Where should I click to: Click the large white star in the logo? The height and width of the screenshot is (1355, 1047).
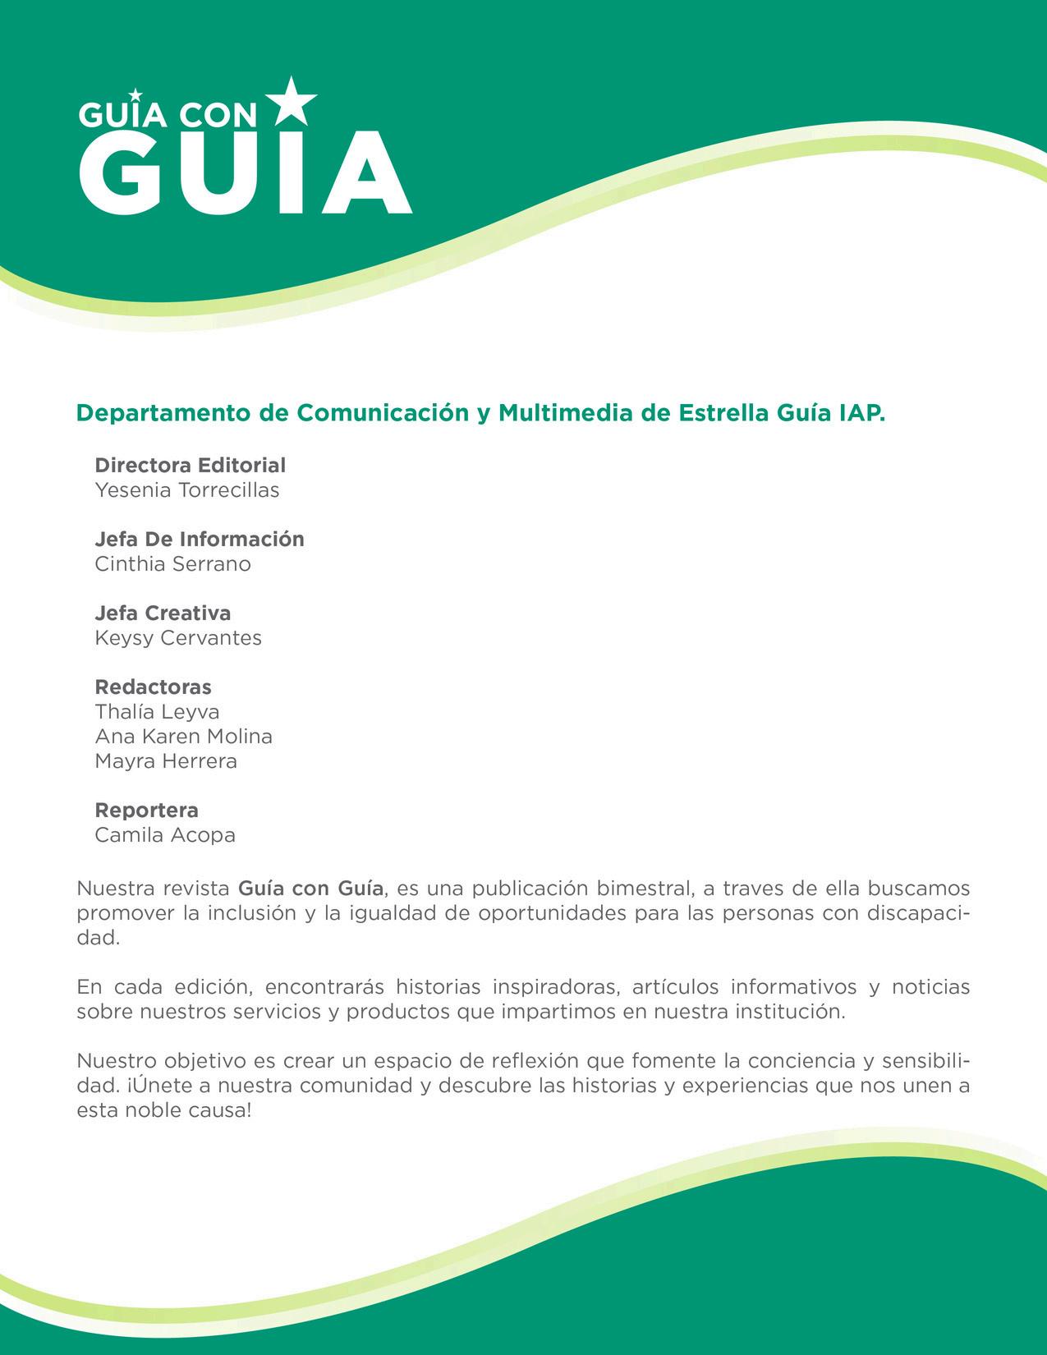click(x=292, y=101)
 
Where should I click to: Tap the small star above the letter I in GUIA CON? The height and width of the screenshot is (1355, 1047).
click(x=135, y=95)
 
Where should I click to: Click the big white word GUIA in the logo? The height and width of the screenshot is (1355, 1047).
click(x=244, y=175)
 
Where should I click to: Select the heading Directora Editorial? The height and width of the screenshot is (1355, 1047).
click(x=191, y=466)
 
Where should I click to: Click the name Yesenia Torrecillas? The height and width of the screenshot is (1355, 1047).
click(x=187, y=490)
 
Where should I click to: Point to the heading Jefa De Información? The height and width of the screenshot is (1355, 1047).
click(x=200, y=540)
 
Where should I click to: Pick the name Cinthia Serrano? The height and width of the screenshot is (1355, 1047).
click(x=173, y=564)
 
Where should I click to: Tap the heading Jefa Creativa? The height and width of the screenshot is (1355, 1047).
click(x=163, y=613)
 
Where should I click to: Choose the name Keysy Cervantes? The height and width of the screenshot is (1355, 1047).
click(x=178, y=638)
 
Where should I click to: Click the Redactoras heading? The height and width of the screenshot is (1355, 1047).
click(x=154, y=687)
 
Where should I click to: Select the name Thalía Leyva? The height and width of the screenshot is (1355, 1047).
click(x=158, y=711)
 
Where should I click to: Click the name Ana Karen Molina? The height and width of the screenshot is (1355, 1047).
click(x=184, y=736)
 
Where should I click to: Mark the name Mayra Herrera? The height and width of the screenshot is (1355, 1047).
click(x=166, y=760)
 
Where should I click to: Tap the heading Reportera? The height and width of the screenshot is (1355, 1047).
click(x=147, y=811)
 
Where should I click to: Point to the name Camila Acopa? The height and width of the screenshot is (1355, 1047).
click(x=165, y=835)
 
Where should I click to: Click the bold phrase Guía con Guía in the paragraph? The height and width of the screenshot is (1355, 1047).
click(x=310, y=889)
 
